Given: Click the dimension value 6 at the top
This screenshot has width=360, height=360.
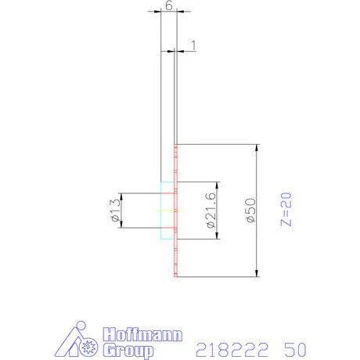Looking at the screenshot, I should (x=168, y=5).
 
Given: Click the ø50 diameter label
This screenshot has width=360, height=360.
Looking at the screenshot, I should (x=250, y=211).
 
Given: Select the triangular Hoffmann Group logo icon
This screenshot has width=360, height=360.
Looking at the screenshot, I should (x=78, y=340).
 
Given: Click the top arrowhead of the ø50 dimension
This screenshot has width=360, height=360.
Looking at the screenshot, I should (x=257, y=149).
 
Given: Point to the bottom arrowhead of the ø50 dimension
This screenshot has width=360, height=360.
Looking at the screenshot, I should (x=257, y=273).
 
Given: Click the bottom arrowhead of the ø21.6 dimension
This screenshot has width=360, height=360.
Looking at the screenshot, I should (x=214, y=235).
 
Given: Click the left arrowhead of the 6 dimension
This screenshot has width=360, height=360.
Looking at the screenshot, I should (x=162, y=13).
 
